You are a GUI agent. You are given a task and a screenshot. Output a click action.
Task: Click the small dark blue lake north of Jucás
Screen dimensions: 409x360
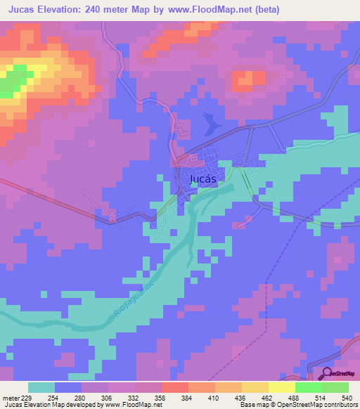click(209, 124)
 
